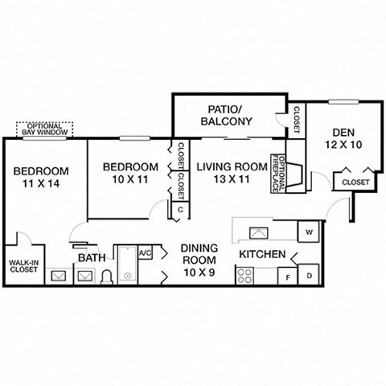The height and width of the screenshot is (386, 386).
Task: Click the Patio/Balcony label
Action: [226, 114]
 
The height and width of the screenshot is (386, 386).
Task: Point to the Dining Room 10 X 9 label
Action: [198, 261]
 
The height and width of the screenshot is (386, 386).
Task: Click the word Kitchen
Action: [262, 255]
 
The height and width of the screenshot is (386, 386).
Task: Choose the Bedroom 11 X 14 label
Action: [40, 178]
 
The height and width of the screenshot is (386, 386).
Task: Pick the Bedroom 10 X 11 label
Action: [130, 173]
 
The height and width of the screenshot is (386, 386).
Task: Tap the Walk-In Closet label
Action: [26, 266]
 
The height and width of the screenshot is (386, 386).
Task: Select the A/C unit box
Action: [146, 253]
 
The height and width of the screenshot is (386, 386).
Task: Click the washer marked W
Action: [309, 232]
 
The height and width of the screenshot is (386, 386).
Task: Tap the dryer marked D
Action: [310, 276]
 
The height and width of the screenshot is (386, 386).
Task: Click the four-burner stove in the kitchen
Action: [244, 277]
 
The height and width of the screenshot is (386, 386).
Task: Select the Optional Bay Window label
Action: [45, 129]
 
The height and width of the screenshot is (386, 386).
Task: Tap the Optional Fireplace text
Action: [275, 173]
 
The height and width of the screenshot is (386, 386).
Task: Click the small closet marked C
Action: [181, 211]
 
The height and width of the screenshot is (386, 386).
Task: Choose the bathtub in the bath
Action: [127, 265]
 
